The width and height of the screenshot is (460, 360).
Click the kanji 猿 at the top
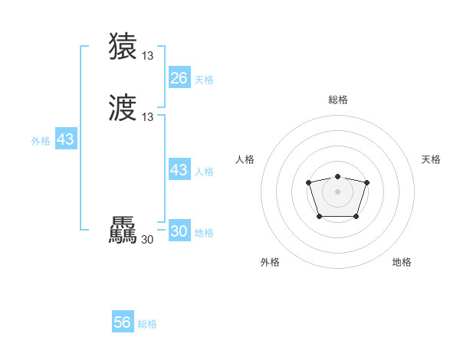pyautogui.click(x=123, y=47)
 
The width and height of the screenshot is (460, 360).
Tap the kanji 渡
pyautogui.click(x=123, y=108)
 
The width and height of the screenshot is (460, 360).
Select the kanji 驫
pyautogui.click(x=123, y=231)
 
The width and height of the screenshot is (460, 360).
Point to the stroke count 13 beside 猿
pyautogui.click(x=148, y=55)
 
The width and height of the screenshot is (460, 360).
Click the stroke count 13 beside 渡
pyautogui.click(x=148, y=116)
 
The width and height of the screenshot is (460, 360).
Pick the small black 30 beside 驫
pyautogui.click(x=148, y=239)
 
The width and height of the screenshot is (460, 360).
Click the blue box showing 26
pyautogui.click(x=179, y=78)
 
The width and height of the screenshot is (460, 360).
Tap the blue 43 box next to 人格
pyautogui.click(x=179, y=170)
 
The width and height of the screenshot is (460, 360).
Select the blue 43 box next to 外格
pyautogui.click(x=65, y=139)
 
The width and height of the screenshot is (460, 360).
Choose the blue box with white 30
pyautogui.click(x=179, y=231)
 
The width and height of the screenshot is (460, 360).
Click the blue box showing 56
pyautogui.click(x=123, y=322)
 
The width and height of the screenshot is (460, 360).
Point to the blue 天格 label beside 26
pyautogui.click(x=204, y=80)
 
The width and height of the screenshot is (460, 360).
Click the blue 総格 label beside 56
pyautogui.click(x=147, y=324)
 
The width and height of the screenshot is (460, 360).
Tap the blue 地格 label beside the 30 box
pyautogui.click(x=204, y=233)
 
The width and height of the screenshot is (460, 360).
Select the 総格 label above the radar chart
pyautogui.click(x=337, y=100)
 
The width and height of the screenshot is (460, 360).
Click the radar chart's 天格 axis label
pyautogui.click(x=431, y=159)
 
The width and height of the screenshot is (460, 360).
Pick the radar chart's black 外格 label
pyautogui.click(x=270, y=262)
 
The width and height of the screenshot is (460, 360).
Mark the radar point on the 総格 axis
pyautogui.click(x=337, y=177)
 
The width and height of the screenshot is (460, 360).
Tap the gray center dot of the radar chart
pyautogui.click(x=337, y=191)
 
